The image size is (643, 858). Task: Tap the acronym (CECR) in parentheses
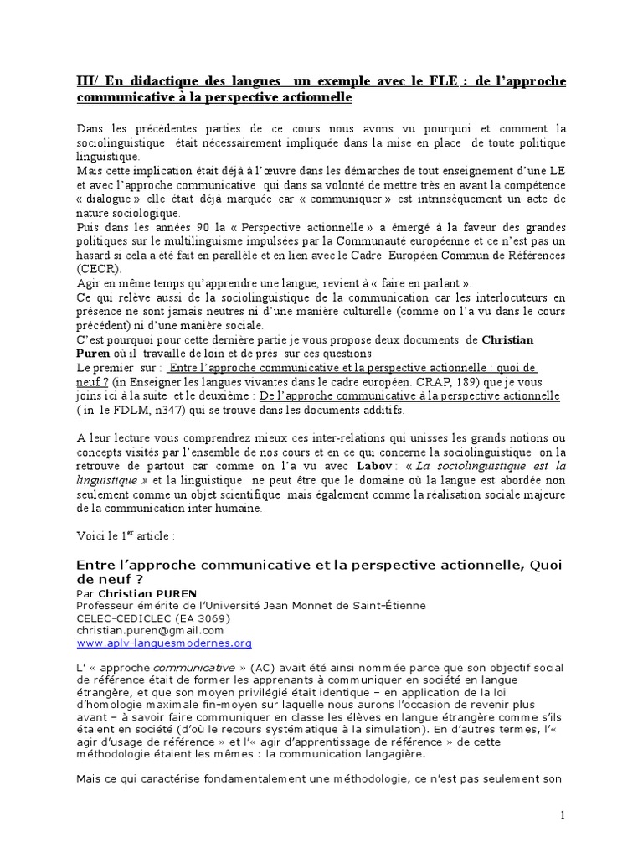click(97, 269)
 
